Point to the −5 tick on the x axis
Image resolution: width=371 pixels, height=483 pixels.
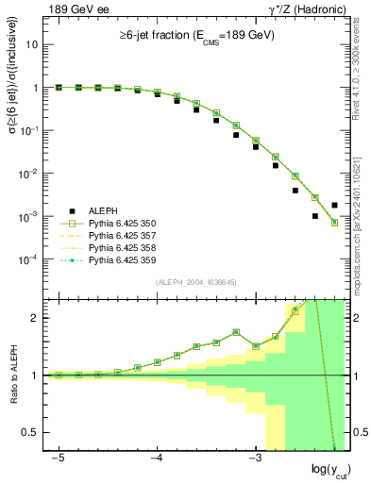[59, 458]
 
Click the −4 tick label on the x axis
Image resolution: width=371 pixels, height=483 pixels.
[157, 458]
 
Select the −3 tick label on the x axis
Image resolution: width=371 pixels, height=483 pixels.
[255, 458]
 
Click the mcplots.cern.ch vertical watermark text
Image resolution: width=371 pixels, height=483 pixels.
[363, 208]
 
